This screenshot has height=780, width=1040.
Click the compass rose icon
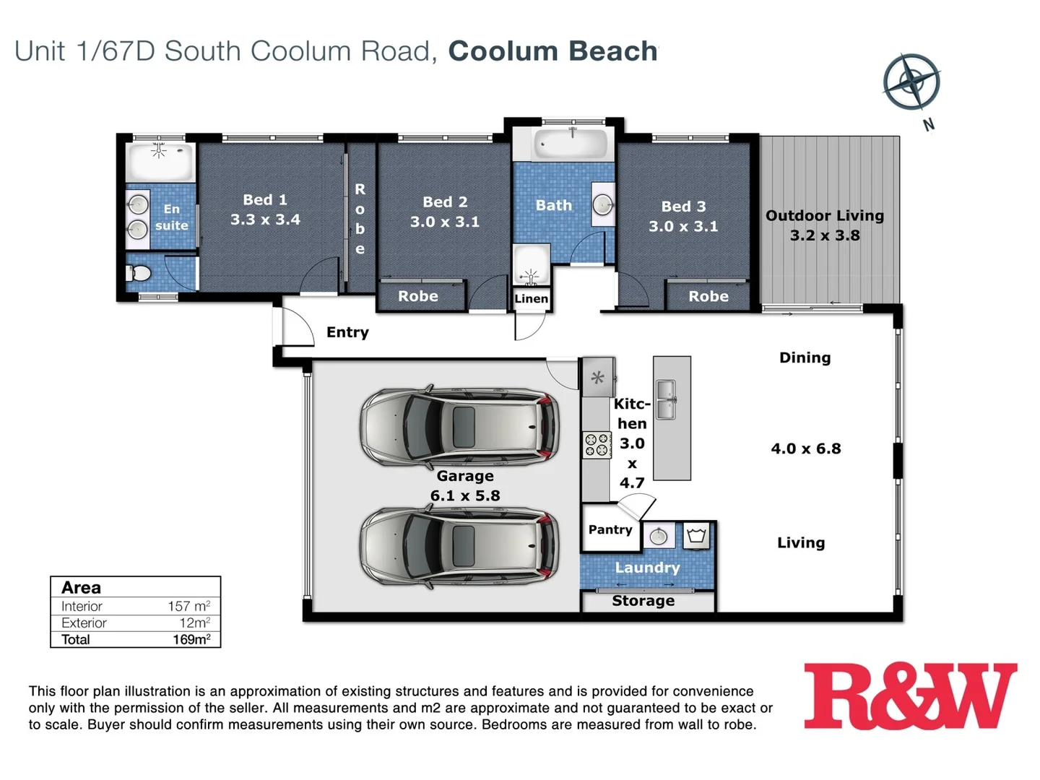coord(911,81)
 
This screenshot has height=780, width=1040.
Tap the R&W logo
coord(910,697)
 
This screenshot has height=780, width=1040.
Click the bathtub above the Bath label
coord(571,144)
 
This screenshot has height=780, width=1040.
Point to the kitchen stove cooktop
coord(597,445)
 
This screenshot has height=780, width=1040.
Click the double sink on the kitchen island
coord(665,399)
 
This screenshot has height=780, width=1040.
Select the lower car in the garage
coord(459,546)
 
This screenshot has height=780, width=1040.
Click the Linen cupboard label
coord(532,299)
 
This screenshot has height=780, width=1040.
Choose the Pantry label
coord(610,529)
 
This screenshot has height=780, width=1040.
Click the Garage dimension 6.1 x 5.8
coord(465,495)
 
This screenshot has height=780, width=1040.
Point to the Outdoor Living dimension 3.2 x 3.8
coord(825,235)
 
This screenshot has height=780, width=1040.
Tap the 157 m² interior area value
coord(188,606)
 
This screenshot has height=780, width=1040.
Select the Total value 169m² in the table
coord(191,639)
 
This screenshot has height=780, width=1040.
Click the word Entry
coord(347,332)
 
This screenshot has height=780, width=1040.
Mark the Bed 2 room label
coord(445,202)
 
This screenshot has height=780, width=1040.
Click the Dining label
coord(805,357)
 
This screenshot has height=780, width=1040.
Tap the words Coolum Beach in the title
coord(552,51)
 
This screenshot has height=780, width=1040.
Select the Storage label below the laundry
coord(643,601)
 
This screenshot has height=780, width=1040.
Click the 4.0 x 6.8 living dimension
coord(806,448)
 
